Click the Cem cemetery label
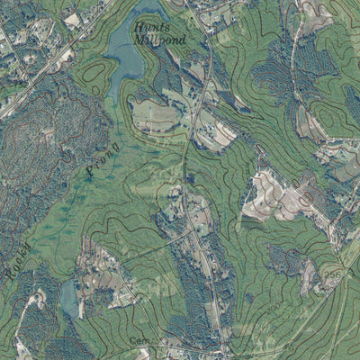(x=138, y=340)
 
